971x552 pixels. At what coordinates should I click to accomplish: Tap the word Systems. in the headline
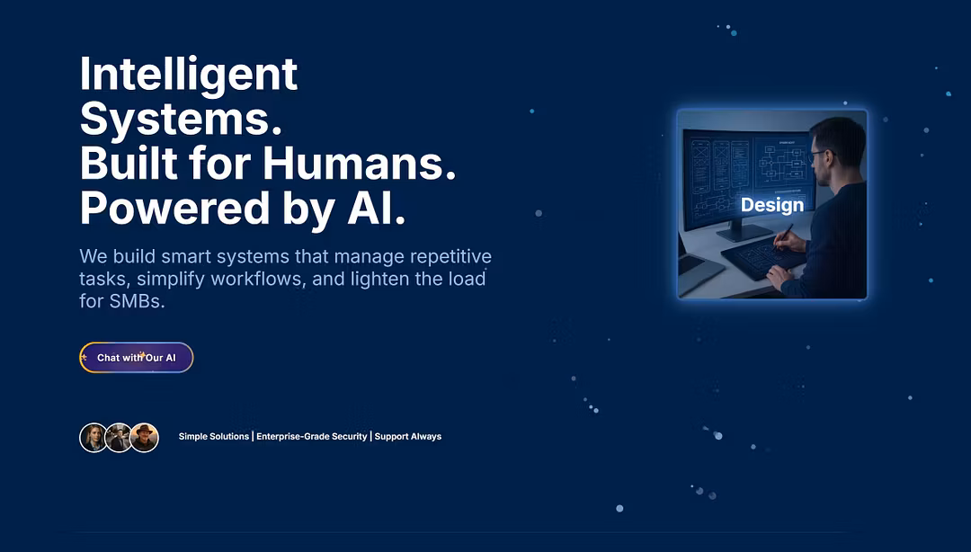point(181,119)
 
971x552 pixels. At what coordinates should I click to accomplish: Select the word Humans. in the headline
point(359,164)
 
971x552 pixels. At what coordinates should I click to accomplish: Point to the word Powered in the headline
point(174,209)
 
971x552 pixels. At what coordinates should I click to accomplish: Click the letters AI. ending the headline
point(376,209)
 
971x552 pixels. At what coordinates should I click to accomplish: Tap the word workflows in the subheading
point(258,280)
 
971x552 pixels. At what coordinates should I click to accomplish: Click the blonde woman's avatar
point(94,438)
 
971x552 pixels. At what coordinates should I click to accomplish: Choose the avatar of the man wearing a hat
point(144,438)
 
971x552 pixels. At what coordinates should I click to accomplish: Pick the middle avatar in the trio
point(119,438)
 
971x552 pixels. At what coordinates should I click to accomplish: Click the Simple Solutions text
point(214,436)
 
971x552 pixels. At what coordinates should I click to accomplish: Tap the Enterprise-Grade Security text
point(311,436)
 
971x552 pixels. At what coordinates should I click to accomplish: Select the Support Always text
point(408,436)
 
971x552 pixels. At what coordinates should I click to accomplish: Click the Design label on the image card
point(772,205)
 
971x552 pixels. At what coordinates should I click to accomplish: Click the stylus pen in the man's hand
point(783,236)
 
